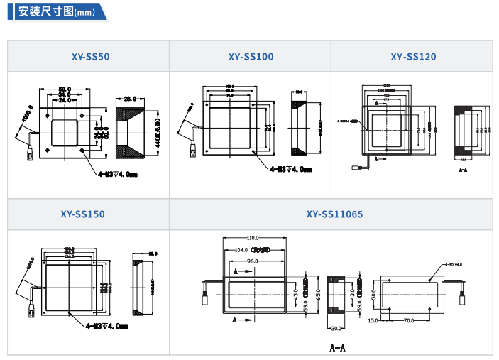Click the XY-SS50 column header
coord(90,57)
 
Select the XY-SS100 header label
coord(251,57)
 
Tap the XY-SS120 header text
coord(413,57)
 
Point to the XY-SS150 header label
coord(82,214)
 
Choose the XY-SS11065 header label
coord(330,214)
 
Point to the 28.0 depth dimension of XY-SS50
coord(130,98)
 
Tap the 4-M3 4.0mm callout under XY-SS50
coord(113,172)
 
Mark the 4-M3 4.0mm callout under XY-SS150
coord(106,326)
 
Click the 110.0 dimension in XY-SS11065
coord(253,237)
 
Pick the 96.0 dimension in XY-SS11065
coord(252,261)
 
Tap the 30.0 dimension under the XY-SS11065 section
coord(336,328)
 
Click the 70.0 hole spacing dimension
coord(409,321)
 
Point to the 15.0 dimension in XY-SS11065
coord(373,321)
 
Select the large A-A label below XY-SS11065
coord(337,348)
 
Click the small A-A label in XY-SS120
coord(463,170)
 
